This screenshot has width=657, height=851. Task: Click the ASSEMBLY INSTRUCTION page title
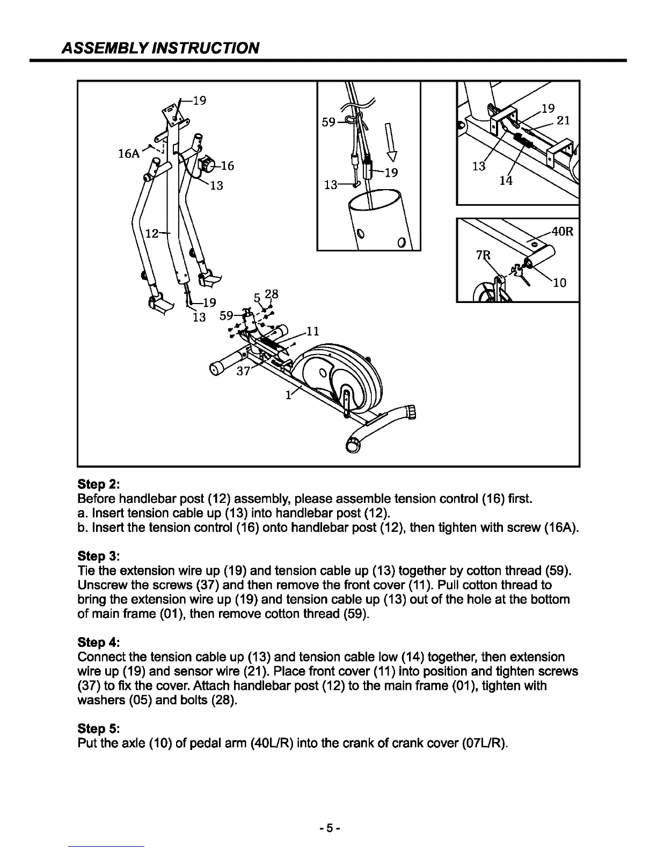click(160, 48)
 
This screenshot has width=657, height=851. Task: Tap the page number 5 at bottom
click(328, 828)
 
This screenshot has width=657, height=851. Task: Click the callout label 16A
click(128, 154)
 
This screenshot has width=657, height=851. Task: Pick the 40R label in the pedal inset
click(563, 232)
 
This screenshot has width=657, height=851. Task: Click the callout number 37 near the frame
click(244, 372)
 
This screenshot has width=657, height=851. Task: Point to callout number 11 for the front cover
click(313, 331)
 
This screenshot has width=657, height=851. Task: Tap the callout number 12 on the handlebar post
click(153, 234)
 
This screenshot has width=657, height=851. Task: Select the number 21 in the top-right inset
click(563, 120)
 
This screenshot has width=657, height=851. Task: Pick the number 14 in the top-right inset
click(505, 181)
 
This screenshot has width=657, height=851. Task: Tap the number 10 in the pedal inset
click(559, 283)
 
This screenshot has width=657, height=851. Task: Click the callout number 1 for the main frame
click(288, 395)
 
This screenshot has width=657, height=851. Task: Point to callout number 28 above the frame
click(272, 294)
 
